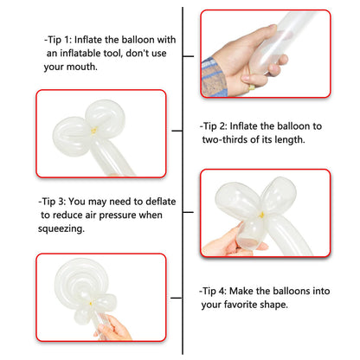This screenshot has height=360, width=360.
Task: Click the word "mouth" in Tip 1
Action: pyautogui.click(x=81, y=67)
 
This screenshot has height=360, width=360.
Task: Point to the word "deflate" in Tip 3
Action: pyautogui.click(x=161, y=202)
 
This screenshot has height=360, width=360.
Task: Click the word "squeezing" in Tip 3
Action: pyautogui.click(x=61, y=228)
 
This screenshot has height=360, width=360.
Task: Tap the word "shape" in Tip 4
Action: pyautogui.click(x=274, y=305)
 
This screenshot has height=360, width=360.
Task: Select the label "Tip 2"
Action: pyautogui.click(x=213, y=126)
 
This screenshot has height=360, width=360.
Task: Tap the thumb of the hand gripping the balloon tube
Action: pyautogui.click(x=258, y=35)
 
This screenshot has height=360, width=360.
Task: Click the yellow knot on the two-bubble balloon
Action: pyautogui.click(x=93, y=131)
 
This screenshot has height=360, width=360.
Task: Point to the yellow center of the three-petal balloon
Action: pyautogui.click(x=261, y=215)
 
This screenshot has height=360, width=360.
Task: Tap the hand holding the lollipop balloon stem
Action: pyautogui.click(x=113, y=329)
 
